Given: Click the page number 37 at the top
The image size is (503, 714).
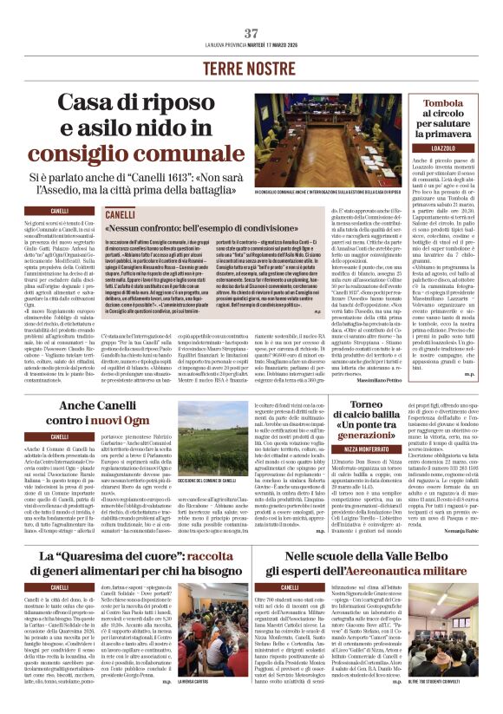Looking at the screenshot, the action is pos(251,33).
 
